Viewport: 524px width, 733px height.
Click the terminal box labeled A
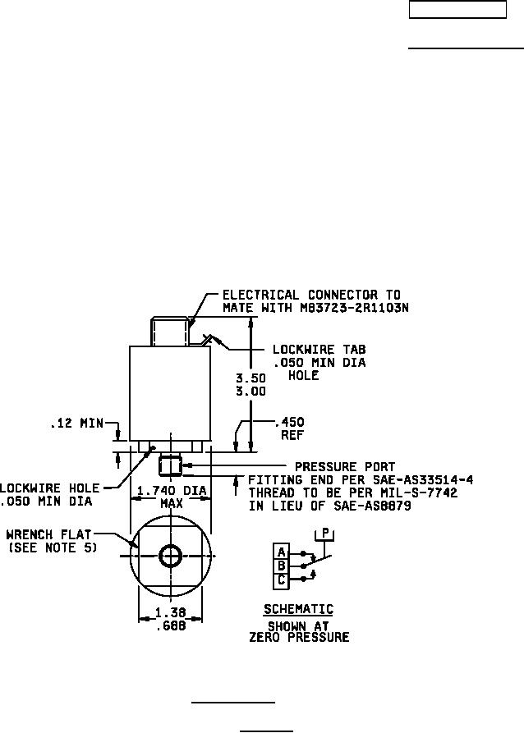coord(282,552)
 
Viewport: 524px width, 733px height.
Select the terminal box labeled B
coord(282,566)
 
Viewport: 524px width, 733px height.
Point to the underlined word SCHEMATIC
coord(298,610)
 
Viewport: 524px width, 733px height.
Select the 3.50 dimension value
coord(248,379)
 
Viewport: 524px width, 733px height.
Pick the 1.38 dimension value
coord(171,613)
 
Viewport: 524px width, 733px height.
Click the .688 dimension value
coord(171,625)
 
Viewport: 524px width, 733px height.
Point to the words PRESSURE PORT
coord(345,467)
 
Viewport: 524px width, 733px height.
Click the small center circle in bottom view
coord(171,557)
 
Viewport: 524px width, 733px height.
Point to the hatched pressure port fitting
coord(171,465)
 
